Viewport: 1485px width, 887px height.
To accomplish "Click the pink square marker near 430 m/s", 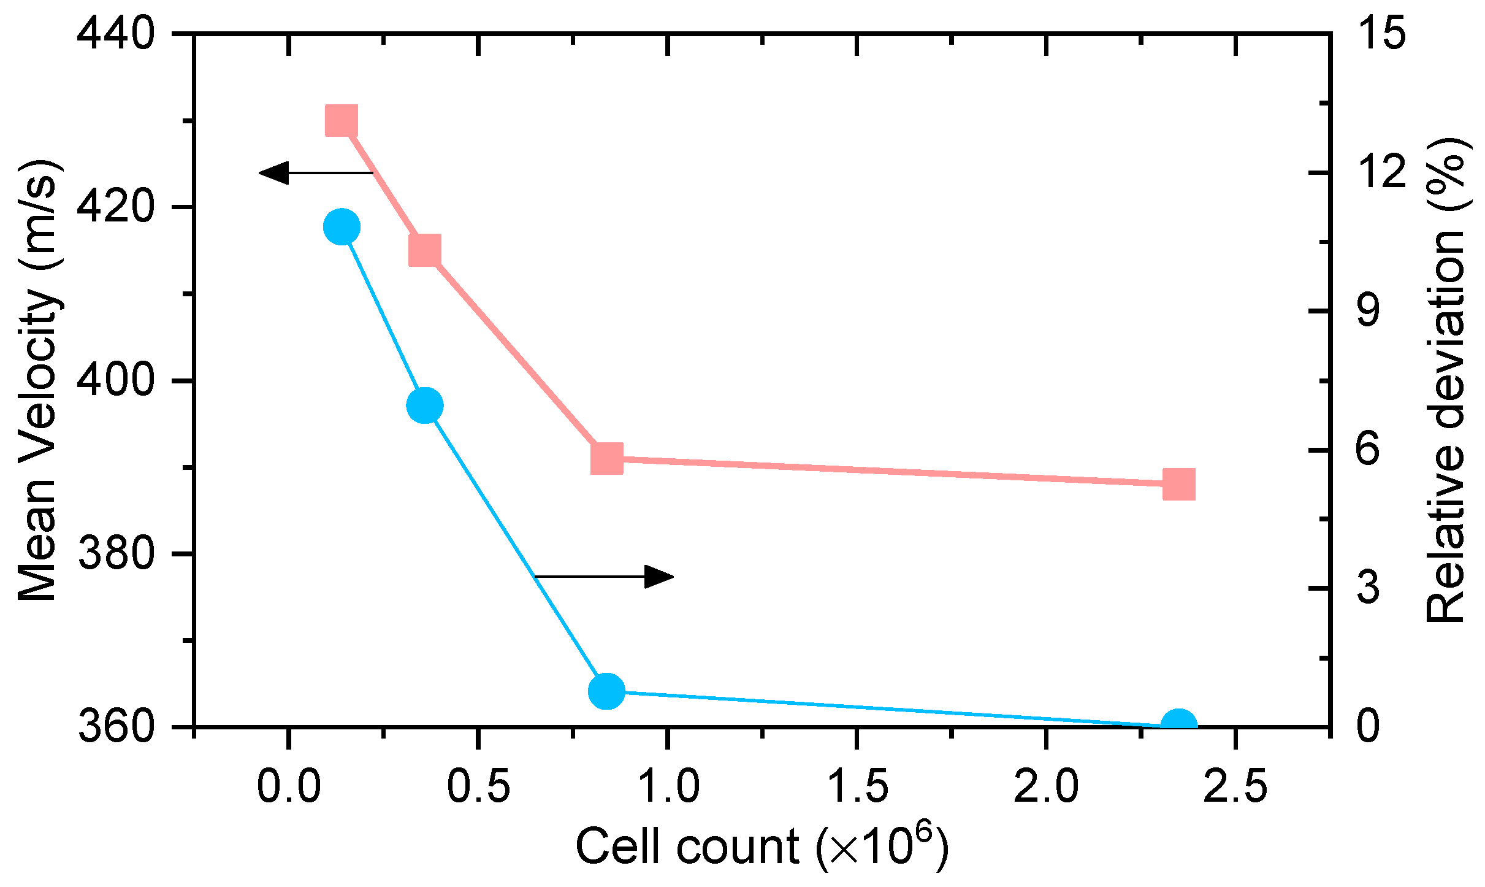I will click(x=342, y=120).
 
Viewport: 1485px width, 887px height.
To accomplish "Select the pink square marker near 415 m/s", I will click(x=424, y=250).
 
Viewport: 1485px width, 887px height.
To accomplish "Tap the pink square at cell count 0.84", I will click(x=607, y=459).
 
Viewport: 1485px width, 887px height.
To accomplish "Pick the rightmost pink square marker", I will click(x=1178, y=484).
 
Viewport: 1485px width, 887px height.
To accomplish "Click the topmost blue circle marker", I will click(x=342, y=227).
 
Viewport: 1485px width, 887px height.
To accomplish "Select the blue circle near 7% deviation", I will click(x=424, y=405).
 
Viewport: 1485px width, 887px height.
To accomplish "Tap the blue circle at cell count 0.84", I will click(x=606, y=691).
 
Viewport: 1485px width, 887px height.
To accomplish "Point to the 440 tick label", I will click(x=115, y=34).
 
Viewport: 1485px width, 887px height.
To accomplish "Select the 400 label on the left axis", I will click(x=115, y=380).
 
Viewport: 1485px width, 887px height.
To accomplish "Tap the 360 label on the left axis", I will click(x=115, y=727).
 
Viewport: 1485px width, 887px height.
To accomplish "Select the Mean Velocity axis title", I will click(x=38, y=380).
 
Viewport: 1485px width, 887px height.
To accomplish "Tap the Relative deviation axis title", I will click(x=1447, y=380).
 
